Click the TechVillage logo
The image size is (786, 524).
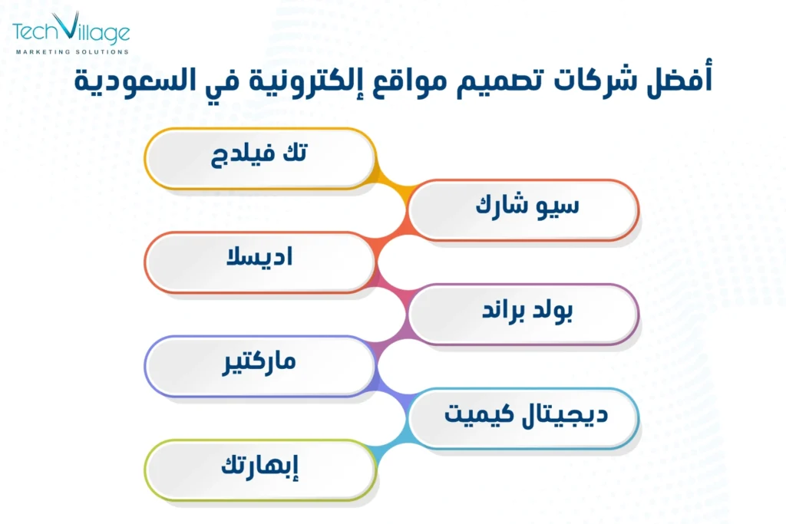[x=71, y=34]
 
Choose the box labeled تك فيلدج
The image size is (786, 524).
[x=260, y=157]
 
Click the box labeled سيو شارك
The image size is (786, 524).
[x=523, y=209]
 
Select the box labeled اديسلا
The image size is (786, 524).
[x=260, y=262]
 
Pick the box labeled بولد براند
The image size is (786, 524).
[x=523, y=314]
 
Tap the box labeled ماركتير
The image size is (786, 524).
[x=260, y=365]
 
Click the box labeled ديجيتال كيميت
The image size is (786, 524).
[x=523, y=417]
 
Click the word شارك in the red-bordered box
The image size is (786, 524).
[x=503, y=209]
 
